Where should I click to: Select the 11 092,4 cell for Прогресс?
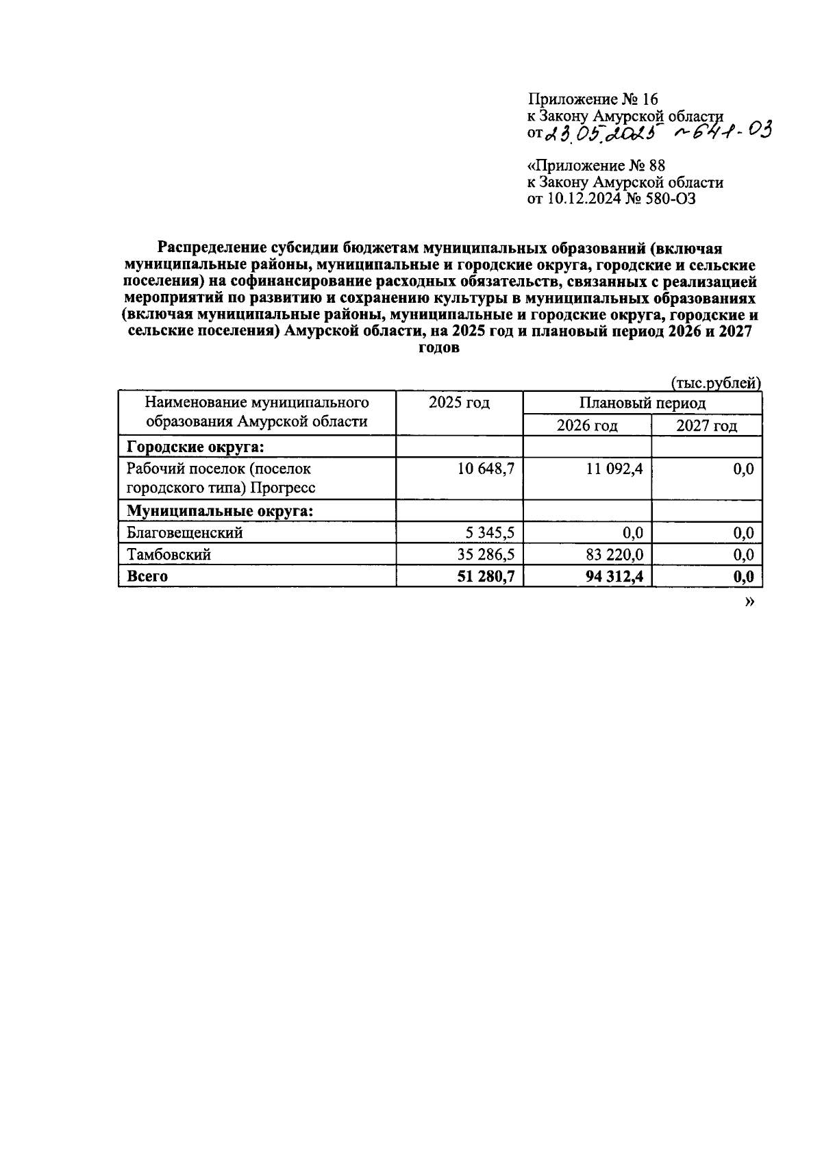coord(614,469)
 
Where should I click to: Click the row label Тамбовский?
coord(169,554)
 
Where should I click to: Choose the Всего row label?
coord(147,576)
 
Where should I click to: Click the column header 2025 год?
coord(459,403)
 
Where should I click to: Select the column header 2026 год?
coord(587,426)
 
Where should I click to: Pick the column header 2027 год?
coord(707,426)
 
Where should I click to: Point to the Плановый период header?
coord(643,404)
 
